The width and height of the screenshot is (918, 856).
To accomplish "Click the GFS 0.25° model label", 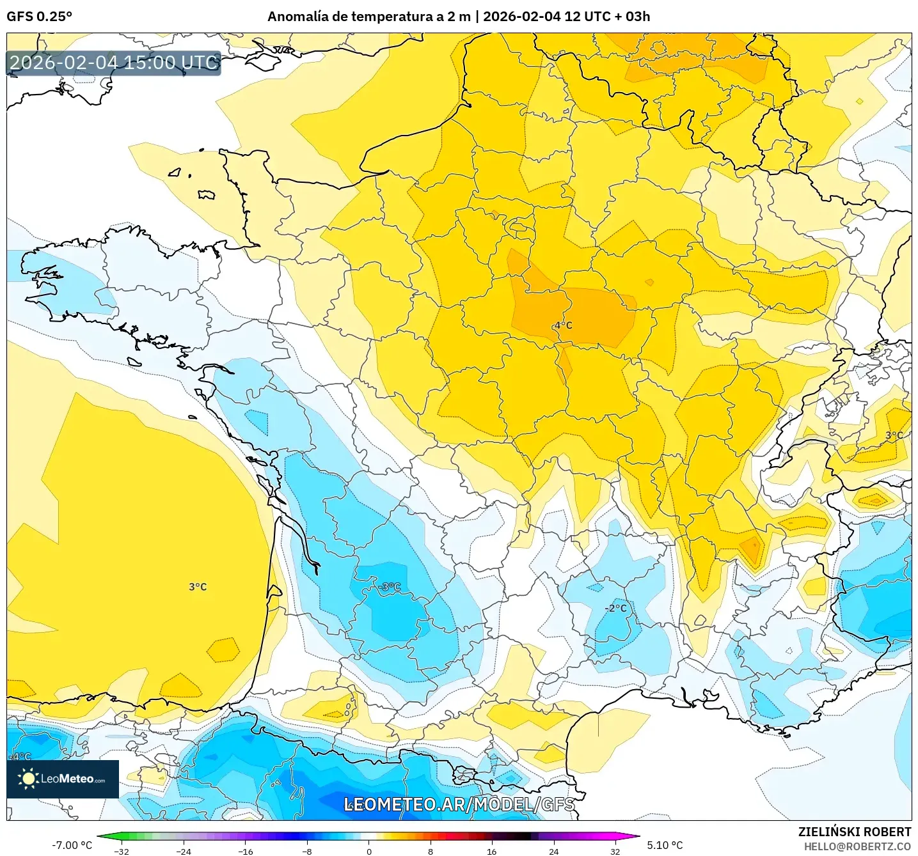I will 39,17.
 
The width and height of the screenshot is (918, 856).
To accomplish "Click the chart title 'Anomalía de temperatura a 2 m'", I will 368,17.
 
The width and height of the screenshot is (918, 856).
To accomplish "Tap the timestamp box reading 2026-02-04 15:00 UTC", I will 114,63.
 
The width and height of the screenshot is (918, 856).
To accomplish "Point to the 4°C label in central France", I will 563,325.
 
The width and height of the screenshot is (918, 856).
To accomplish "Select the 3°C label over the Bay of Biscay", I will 198,587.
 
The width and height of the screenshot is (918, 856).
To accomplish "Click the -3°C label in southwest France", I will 389,587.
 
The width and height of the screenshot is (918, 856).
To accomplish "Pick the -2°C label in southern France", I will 616,608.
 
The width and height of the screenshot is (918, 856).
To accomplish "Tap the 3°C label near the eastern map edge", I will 894,435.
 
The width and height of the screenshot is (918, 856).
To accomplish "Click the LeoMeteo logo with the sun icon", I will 63,779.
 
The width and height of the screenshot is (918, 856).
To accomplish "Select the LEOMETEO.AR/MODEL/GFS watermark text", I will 459,804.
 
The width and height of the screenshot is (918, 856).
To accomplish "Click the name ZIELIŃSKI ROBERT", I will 854,832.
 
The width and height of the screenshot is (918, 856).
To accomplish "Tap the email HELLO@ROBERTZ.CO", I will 857,846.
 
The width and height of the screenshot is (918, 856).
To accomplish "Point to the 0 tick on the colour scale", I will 368,851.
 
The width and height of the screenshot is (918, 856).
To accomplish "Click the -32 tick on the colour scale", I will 122,851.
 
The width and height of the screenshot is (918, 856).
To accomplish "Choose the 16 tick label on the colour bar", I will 491,851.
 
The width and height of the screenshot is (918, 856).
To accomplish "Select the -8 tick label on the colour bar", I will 307,851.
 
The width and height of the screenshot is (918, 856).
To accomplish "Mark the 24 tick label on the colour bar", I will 553,851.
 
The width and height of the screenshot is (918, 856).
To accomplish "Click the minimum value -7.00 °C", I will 72,845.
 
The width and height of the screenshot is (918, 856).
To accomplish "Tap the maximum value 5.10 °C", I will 665,845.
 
